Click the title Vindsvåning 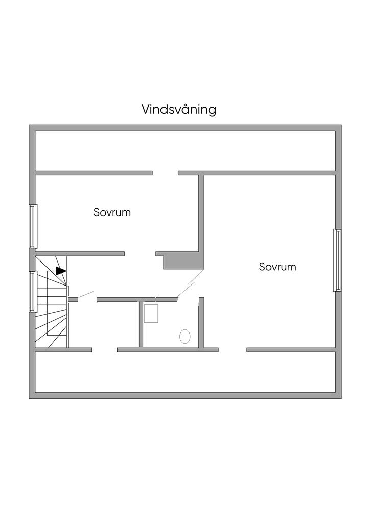(x=178, y=110)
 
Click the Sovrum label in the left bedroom (x=112, y=212)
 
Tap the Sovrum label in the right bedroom (x=277, y=267)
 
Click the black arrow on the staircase (x=61, y=271)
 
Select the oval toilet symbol (x=185, y=336)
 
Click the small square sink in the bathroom (x=151, y=313)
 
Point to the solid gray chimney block (x=182, y=261)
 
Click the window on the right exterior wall (x=337, y=260)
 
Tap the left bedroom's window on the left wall (x=33, y=226)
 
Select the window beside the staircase (x=33, y=291)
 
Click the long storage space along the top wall (x=185, y=151)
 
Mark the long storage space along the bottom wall (x=185, y=372)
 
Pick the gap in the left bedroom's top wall (x=165, y=173)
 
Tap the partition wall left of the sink (x=141, y=324)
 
